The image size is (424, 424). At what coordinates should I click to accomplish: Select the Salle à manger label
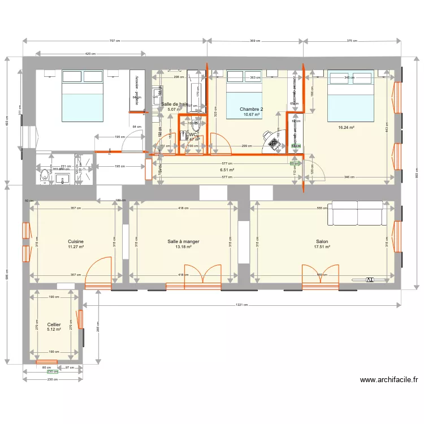click(183, 241)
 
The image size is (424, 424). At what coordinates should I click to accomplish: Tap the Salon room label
click(321, 241)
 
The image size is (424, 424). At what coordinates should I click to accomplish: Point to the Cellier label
click(54, 325)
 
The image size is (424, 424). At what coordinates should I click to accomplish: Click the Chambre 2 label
click(251, 109)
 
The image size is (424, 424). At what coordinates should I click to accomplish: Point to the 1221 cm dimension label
click(242, 305)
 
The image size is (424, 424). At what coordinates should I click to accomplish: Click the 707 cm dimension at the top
click(115, 41)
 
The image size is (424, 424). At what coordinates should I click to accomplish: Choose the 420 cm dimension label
click(90, 54)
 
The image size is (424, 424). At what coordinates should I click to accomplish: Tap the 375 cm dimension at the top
click(352, 41)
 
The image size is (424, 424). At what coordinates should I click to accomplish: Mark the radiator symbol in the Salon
click(370, 279)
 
